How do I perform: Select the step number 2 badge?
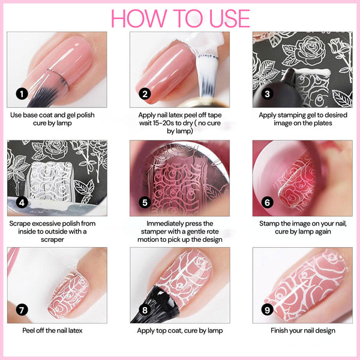click(x=145, y=93)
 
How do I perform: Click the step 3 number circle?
click(x=268, y=93)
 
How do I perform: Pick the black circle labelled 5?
click(x=145, y=202)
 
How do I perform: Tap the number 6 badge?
click(x=268, y=202)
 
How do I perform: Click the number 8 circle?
click(x=145, y=310)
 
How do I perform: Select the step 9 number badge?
click(x=268, y=310)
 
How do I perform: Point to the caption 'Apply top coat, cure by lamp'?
click(x=179, y=331)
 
